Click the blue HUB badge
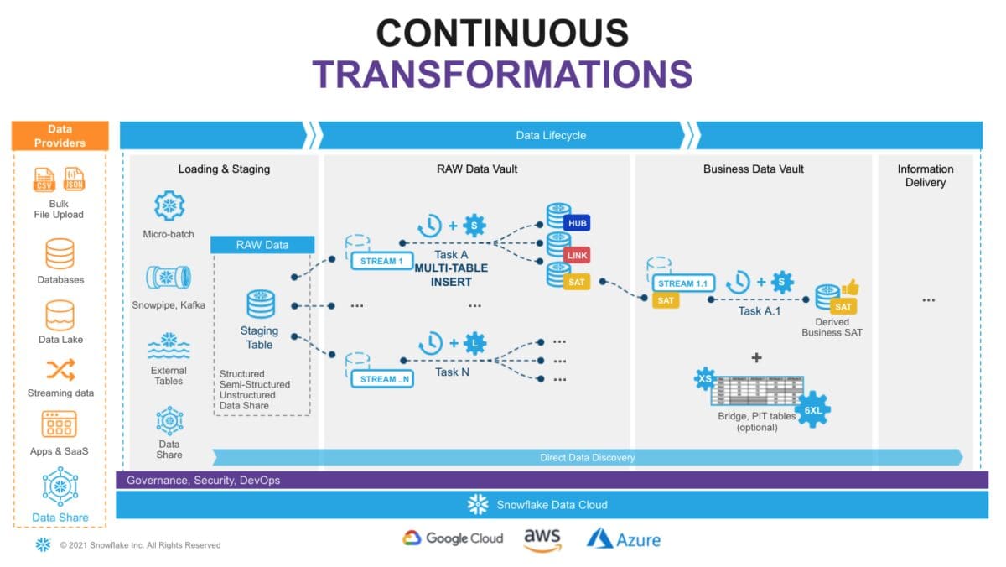578,223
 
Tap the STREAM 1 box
382,261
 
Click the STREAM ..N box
382,379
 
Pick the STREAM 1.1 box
682,283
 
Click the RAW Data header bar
262,245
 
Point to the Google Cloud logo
453,538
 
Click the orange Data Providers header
60,136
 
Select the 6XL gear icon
813,411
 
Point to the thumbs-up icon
850,288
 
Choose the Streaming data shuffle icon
60,370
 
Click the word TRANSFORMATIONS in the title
502,74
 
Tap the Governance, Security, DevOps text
203,481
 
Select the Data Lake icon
60,315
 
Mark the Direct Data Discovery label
587,458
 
